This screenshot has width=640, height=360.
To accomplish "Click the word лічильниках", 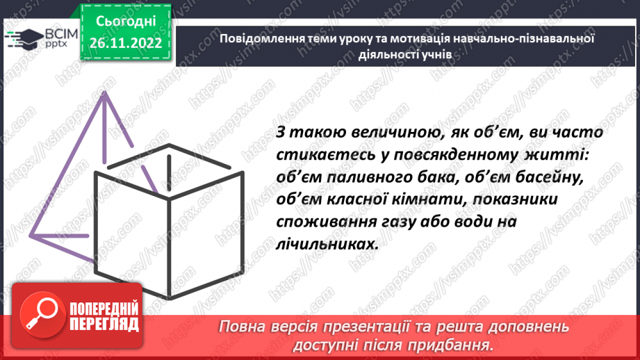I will point(314,245).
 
